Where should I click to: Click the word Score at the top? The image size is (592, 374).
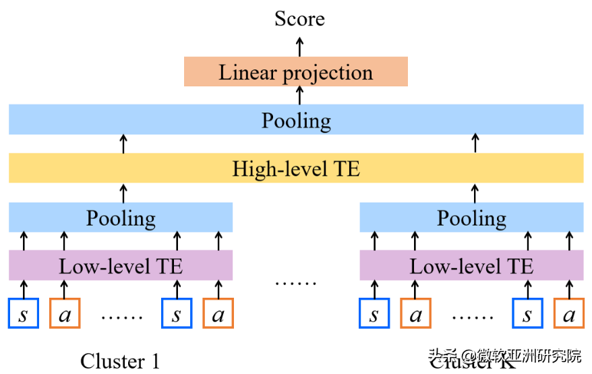click(299, 19)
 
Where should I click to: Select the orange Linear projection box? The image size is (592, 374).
click(296, 72)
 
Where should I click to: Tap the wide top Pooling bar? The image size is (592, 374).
click(296, 120)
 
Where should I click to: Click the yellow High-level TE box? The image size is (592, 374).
click(296, 168)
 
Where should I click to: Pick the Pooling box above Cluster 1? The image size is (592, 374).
click(121, 218)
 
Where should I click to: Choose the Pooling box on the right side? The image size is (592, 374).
click(471, 218)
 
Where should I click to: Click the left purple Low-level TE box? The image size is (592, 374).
click(121, 266)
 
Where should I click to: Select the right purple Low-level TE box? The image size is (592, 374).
click(471, 266)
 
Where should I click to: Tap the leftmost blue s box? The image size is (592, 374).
click(24, 313)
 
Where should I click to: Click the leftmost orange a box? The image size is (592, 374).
click(65, 313)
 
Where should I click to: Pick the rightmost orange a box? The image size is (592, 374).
click(568, 313)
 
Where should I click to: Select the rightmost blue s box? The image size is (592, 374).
click(527, 313)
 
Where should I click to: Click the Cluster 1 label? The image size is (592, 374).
click(120, 361)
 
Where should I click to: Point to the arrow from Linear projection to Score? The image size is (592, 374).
click(300, 46)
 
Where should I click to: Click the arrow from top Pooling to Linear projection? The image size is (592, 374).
click(300, 96)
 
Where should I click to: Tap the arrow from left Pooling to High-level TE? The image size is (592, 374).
click(123, 193)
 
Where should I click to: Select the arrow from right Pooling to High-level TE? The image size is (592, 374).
click(475, 193)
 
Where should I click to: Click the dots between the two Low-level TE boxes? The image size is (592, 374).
click(295, 282)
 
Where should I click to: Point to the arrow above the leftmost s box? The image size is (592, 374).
click(24, 289)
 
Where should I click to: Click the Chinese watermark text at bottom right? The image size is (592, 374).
click(506, 355)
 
